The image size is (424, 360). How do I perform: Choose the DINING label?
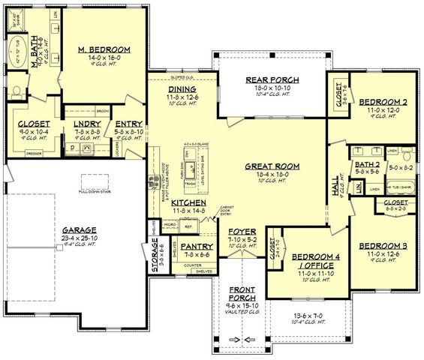(x=182, y=88)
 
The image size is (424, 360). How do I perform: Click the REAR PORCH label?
(x=272, y=80)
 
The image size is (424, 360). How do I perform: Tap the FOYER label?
(x=240, y=221)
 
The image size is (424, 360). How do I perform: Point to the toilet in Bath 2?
(x=359, y=188)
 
